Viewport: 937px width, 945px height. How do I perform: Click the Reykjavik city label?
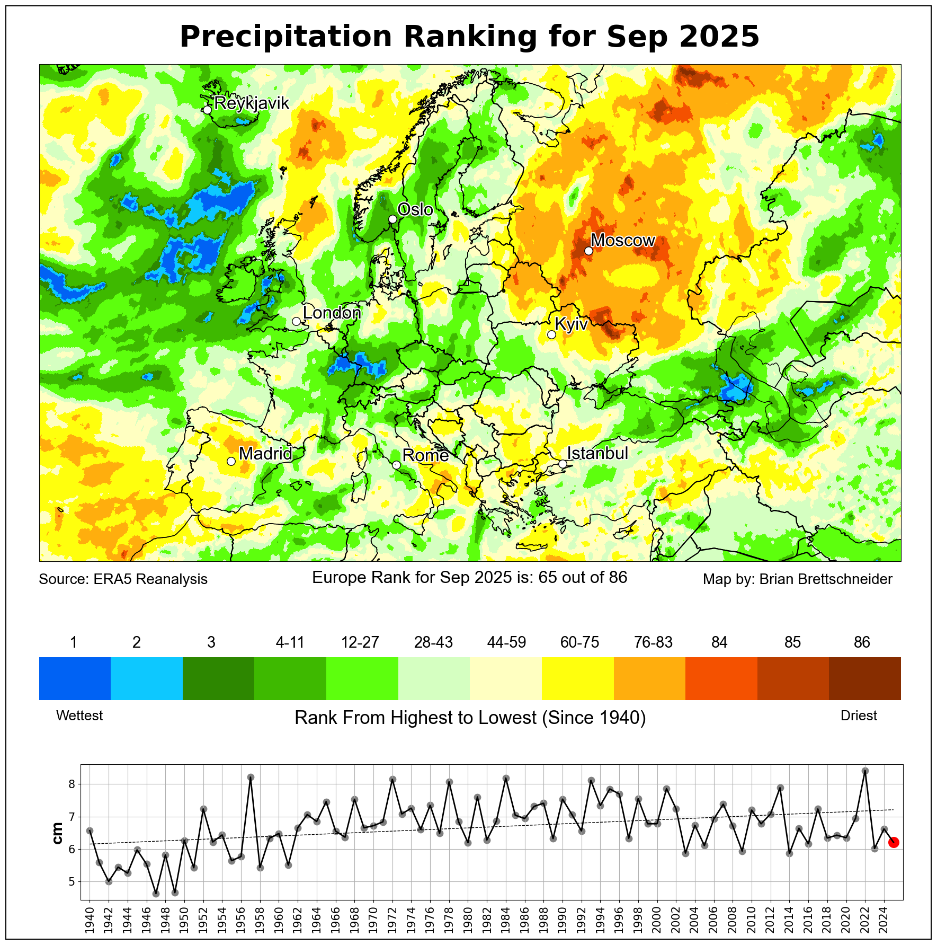click(x=252, y=103)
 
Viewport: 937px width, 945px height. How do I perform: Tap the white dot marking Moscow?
click(x=588, y=251)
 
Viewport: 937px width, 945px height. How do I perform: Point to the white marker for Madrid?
click(x=231, y=461)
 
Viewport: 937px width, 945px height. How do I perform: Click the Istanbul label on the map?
click(x=597, y=453)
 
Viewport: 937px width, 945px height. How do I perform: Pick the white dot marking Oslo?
click(x=392, y=219)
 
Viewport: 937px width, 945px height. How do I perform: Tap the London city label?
click(x=332, y=313)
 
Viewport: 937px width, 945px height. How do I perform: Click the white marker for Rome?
click(x=396, y=465)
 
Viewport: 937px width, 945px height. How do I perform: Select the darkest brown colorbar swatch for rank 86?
click(x=864, y=678)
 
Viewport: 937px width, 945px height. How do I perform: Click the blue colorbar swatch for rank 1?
click(x=75, y=678)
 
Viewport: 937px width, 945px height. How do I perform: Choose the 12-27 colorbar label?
click(x=360, y=642)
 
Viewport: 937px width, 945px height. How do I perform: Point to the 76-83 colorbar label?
click(x=653, y=642)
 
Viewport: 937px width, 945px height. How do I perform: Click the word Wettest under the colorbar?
click(x=79, y=716)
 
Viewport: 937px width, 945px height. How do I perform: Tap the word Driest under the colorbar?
click(x=859, y=716)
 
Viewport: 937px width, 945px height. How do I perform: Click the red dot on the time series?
click(x=894, y=842)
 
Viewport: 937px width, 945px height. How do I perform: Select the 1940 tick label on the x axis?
click(x=90, y=918)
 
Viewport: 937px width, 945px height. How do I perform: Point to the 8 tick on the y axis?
click(x=73, y=784)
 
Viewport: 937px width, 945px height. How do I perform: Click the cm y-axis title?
click(x=58, y=833)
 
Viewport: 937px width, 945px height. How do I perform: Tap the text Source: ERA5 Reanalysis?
click(x=123, y=579)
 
